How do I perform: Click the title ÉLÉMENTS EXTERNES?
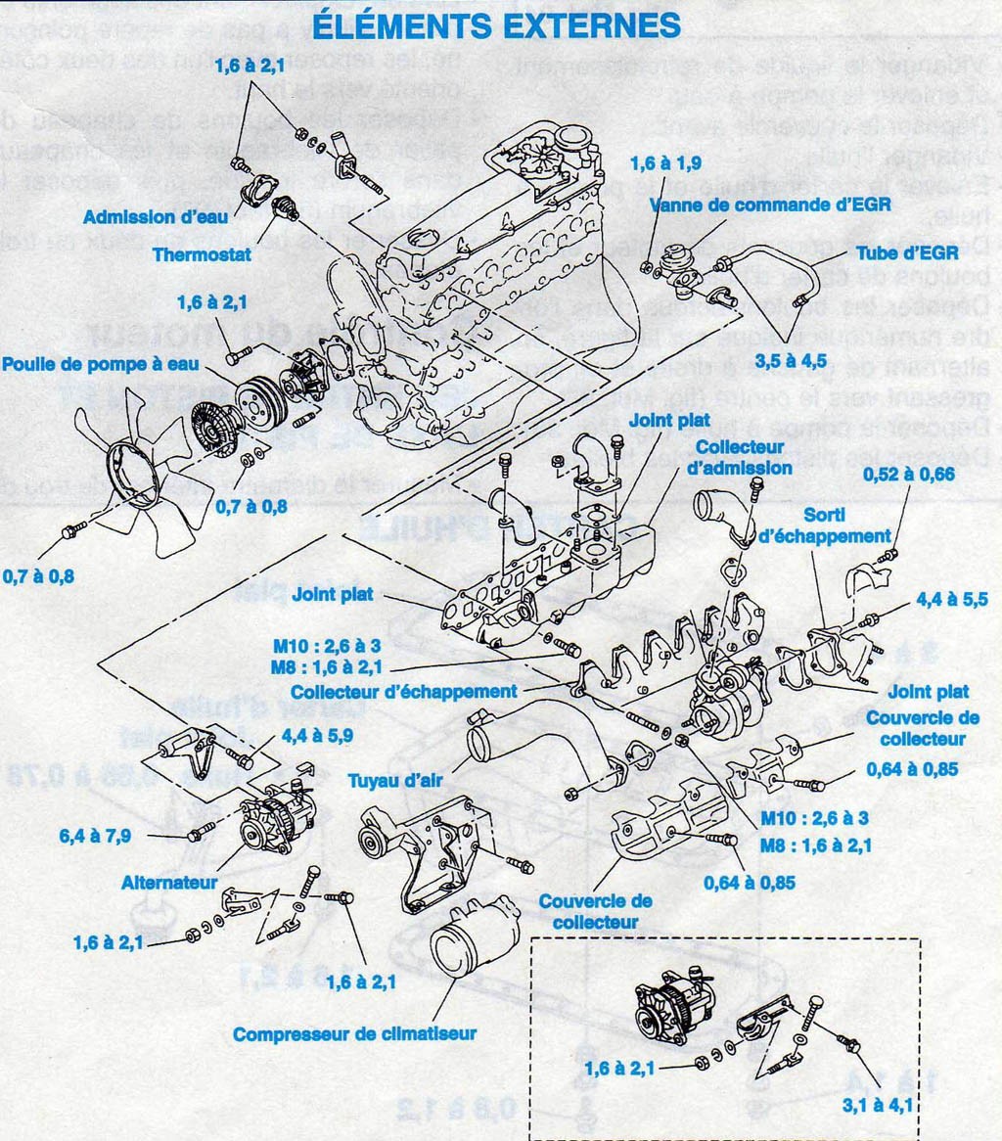click(496, 25)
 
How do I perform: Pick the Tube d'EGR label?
click(904, 251)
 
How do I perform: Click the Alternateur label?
click(168, 882)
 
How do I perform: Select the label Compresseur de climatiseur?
click(354, 1033)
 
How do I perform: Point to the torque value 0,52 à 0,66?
click(907, 475)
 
